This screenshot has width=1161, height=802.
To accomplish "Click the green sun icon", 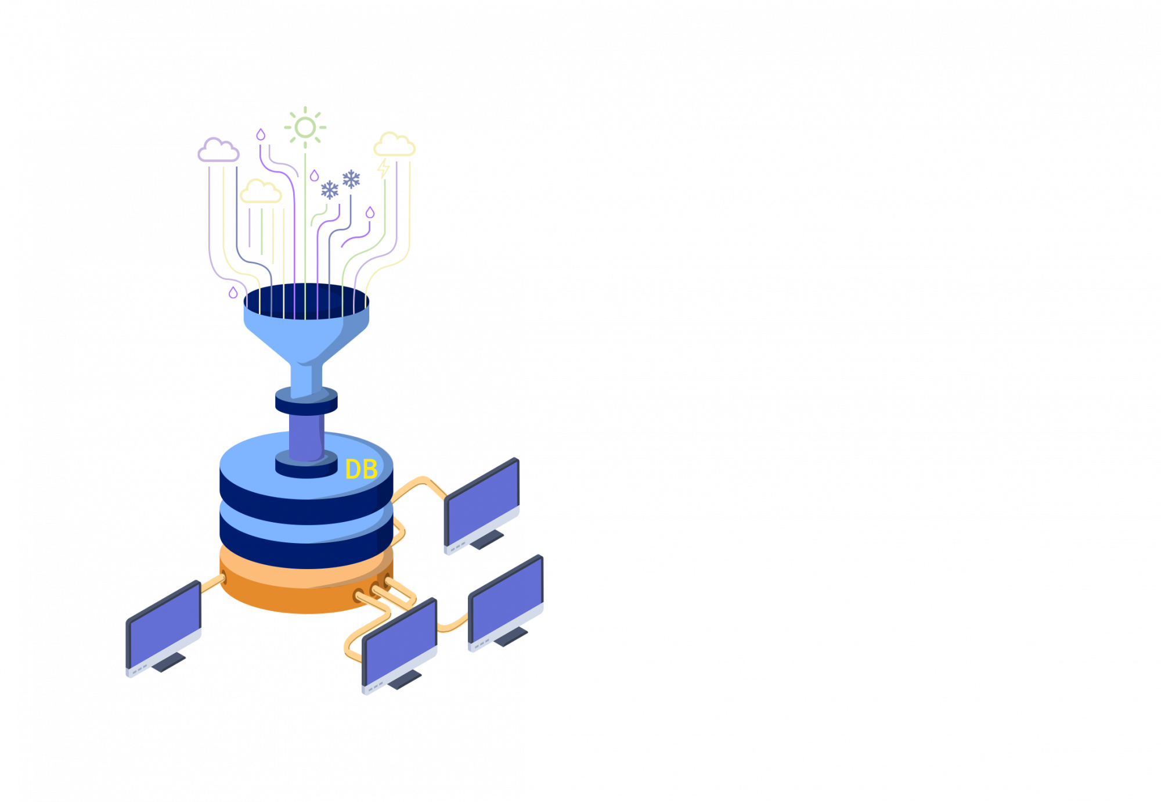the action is pos(305,127).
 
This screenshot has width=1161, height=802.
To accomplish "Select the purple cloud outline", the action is pos(218,150).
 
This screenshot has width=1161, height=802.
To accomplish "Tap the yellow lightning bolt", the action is pos(383,168).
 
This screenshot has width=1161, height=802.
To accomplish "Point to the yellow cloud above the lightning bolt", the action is pos(394,145).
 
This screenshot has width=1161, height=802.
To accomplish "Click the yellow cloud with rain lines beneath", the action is pos(261,192).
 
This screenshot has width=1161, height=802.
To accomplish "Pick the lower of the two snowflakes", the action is pos(330,190).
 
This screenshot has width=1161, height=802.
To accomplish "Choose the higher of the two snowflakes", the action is pos(351,179).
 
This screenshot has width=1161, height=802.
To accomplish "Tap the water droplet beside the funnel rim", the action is pos(233,292).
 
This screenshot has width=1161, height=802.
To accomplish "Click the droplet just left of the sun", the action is pos(261,134).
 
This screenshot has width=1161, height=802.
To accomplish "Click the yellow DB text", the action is pos(361,469).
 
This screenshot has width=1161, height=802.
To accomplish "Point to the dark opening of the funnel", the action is pos(307,301).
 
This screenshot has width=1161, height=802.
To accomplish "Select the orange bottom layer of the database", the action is pos(307,581).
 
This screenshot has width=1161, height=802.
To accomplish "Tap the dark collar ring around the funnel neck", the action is pos(307,401).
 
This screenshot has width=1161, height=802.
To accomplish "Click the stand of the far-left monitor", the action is pos(168,662).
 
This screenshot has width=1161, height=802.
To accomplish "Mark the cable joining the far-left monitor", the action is pos(213,584).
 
